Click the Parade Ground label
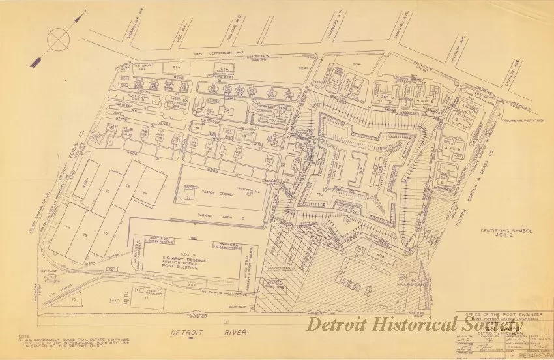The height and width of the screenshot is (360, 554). click(221, 193)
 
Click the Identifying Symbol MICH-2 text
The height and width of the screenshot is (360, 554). click(506, 233)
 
